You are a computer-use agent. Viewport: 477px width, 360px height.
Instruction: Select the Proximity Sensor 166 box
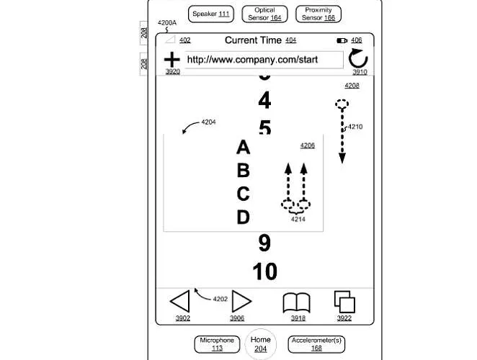(318, 14)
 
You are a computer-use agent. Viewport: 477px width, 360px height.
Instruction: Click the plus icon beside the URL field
(172, 59)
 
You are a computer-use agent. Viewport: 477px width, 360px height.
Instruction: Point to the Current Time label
(253, 40)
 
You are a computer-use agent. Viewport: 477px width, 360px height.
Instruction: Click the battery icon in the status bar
(342, 40)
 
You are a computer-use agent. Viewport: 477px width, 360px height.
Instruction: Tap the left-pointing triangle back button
(180, 301)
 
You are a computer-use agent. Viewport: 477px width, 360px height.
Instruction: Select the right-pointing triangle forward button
(241, 301)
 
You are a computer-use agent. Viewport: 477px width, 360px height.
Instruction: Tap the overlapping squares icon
(344, 301)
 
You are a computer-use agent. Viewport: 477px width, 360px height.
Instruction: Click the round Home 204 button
(260, 343)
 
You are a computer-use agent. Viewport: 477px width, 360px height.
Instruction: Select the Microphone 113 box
(217, 343)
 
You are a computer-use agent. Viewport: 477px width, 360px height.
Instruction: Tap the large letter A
(243, 148)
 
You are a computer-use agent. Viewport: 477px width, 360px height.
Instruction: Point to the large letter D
(243, 217)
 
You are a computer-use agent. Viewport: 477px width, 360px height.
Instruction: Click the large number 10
(264, 271)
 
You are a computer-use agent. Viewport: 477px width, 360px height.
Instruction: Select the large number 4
(264, 100)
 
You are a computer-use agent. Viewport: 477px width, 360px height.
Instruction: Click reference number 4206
(308, 145)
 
